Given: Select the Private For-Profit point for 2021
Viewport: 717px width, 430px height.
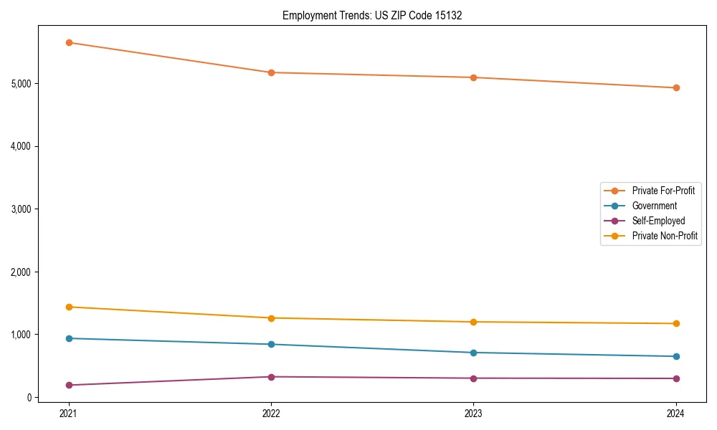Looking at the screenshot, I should point(69,42).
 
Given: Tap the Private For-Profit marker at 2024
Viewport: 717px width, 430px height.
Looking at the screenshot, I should point(675,88).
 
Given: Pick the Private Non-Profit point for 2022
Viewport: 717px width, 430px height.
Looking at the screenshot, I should point(271,318).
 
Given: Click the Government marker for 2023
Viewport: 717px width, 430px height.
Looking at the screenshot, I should point(473,353).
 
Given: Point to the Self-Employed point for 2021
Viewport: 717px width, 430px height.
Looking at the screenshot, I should point(69,385).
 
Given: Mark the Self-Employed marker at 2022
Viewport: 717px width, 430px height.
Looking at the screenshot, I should point(271,377).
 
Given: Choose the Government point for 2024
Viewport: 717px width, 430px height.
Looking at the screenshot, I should point(675,356).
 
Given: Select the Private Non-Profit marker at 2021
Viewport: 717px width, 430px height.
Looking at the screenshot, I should point(69,307).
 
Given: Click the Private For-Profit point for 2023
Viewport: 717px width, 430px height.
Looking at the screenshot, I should point(473,77).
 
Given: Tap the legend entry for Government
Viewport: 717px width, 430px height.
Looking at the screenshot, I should point(654,206).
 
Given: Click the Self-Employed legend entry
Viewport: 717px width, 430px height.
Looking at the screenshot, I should point(658,221).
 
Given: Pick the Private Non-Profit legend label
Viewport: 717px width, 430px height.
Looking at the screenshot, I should point(665,236).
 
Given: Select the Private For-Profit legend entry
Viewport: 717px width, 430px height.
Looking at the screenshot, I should point(663,191).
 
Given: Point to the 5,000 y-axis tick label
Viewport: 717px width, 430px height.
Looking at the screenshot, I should point(22,84).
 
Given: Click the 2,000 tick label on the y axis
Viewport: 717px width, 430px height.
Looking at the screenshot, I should point(22,272).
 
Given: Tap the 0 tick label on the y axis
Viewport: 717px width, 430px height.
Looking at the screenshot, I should point(29,398).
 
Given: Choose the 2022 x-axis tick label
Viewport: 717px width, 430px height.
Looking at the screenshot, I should point(271,413).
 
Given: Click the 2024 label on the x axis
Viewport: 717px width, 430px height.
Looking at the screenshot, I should point(675,413).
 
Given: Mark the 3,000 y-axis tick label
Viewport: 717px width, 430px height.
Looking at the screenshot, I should point(22,209).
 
